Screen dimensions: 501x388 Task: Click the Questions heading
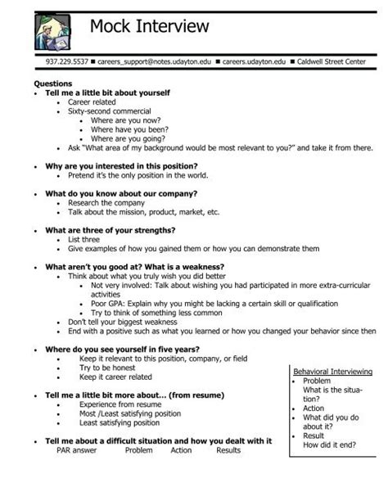click(x=52, y=84)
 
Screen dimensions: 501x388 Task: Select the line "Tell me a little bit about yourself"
click(x=107, y=93)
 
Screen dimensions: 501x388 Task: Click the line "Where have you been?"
click(x=129, y=129)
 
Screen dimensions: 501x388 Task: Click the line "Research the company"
click(x=106, y=202)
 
